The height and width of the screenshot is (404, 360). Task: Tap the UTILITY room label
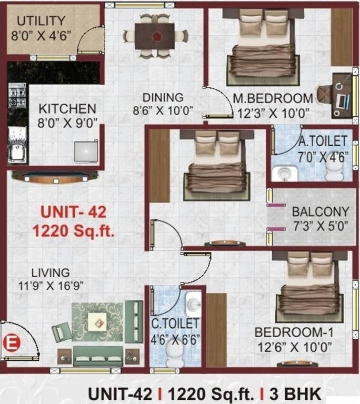[x=41, y=21]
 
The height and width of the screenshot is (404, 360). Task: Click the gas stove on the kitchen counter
[x=17, y=95]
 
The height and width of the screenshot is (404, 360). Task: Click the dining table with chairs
[x=154, y=36]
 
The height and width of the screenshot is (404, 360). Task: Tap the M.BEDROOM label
[x=273, y=98]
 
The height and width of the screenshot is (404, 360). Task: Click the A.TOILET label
[x=323, y=140]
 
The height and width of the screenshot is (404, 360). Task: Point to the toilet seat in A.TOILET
[x=334, y=169]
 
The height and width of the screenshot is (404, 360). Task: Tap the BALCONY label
[x=321, y=212]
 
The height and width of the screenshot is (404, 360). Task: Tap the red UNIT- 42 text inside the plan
[x=74, y=213]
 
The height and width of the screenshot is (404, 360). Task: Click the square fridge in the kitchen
[x=86, y=151]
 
